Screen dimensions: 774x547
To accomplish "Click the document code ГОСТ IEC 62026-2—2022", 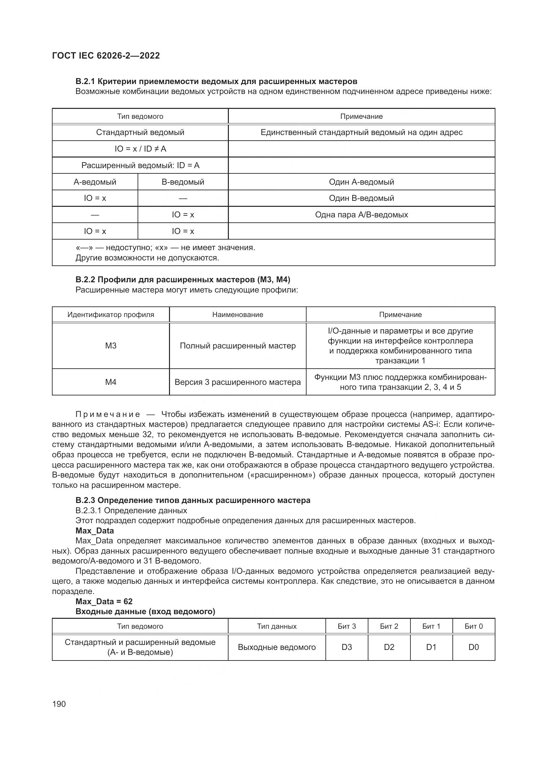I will click(106, 56).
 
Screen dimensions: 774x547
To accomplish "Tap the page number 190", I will click(59, 704).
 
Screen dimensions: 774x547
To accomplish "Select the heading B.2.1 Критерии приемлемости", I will click(216, 81).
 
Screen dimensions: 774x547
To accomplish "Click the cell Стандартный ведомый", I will click(140, 132).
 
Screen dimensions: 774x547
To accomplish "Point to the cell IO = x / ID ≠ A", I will click(140, 149).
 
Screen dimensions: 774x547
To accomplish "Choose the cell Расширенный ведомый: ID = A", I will click(140, 165).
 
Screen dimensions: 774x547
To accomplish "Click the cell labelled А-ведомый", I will click(95, 182).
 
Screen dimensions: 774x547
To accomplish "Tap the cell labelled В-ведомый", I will click(183, 182).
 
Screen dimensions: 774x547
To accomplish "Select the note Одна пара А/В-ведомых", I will click(361, 214).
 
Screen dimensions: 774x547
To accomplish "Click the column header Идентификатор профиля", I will click(110, 314).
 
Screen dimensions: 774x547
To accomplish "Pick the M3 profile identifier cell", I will click(110, 345).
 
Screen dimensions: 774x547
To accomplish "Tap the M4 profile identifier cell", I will click(110, 382).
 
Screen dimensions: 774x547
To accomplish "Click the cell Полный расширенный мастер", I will click(237, 345).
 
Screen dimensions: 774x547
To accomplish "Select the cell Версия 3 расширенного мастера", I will click(237, 382).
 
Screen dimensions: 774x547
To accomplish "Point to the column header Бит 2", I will click(389, 626).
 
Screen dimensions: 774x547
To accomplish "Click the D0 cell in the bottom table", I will click(473, 647).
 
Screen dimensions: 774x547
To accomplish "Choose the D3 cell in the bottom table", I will click(347, 647).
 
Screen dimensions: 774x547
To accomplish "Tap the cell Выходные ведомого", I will click(276, 647).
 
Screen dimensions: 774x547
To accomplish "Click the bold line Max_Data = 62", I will click(104, 601).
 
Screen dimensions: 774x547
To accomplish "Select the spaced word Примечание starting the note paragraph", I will click(108, 414).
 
